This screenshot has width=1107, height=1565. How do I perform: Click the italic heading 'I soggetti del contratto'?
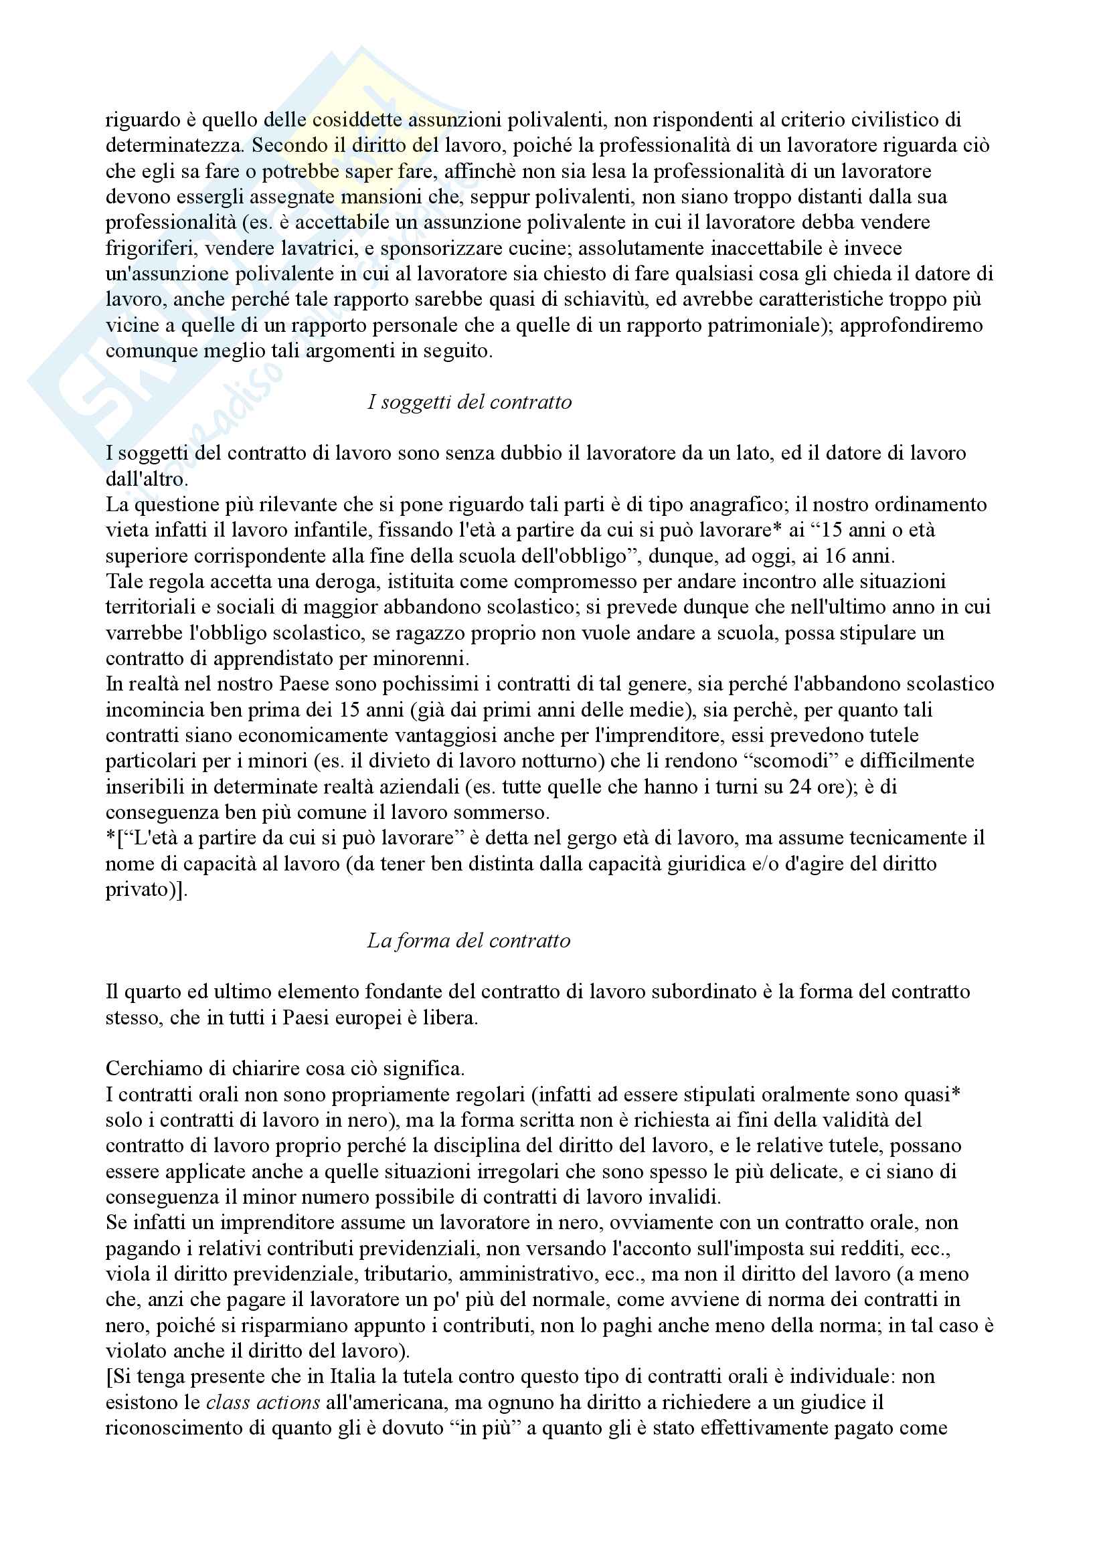pos(469,402)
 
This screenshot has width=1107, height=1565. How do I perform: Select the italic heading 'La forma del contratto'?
pos(469,941)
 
